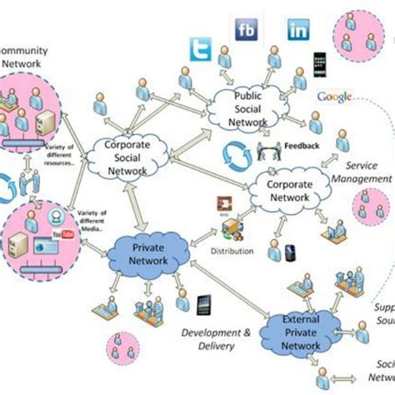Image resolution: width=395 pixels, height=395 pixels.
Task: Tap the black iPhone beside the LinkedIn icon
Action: (x=318, y=64)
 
